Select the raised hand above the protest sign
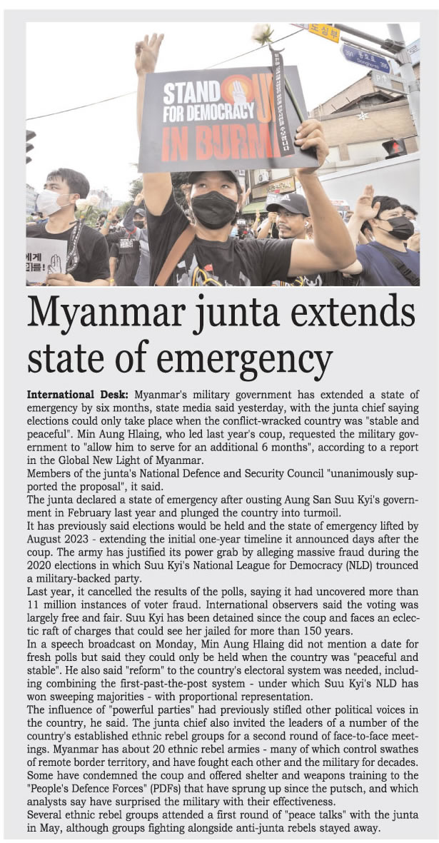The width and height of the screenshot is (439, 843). pyautogui.click(x=149, y=54)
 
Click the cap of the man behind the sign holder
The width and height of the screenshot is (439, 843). pyautogui.click(x=288, y=203)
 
